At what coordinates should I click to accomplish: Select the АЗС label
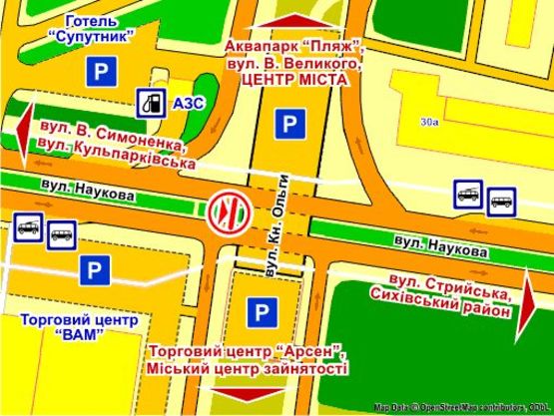pos(186,104)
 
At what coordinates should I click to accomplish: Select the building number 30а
pos(430,123)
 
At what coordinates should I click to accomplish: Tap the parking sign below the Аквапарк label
pos(289,125)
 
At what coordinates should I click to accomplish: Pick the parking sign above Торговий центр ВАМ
pos(95,269)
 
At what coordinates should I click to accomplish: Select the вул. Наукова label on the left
pos(89,189)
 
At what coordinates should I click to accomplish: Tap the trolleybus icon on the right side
pos(465,193)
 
